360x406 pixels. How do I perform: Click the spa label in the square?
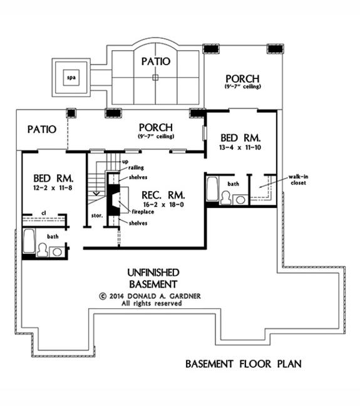pos(71,78)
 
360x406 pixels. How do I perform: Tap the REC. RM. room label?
pos(163,195)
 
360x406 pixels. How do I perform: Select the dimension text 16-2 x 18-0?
pos(163,204)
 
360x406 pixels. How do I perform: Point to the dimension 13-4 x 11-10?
pos(240,147)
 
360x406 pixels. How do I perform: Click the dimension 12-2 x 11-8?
pos(53,188)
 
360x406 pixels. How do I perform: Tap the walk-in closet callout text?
pos(299,180)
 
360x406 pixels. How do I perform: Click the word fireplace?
pos(143,212)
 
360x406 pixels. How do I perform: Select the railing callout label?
pos(136,168)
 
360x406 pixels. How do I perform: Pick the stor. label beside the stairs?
pos(97,216)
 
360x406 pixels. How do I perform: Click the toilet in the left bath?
pos(42,250)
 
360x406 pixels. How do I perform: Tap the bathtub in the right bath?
pos(212,189)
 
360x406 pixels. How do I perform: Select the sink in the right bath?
pos(240,200)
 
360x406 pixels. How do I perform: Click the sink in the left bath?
pos(57,252)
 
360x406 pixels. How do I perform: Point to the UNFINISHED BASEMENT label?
pos(153,278)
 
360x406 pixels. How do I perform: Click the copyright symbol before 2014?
pos(103,296)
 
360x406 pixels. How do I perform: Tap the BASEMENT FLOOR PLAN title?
pos(244,364)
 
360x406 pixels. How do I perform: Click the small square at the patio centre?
pos(155,78)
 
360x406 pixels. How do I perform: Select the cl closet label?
pos(44,213)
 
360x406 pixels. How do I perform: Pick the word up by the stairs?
pos(125,162)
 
